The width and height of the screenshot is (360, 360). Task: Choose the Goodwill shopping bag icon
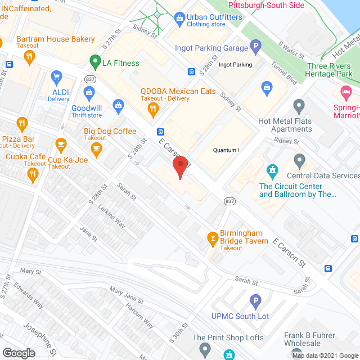[x=89, y=92]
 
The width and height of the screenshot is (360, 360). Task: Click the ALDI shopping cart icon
[x=56, y=76]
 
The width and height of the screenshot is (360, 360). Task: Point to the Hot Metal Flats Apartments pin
[x=299, y=105]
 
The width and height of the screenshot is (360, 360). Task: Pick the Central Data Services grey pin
[x=300, y=160]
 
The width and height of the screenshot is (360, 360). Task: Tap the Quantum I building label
[x=226, y=150]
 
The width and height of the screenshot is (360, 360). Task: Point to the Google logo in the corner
[x=19, y=353]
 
